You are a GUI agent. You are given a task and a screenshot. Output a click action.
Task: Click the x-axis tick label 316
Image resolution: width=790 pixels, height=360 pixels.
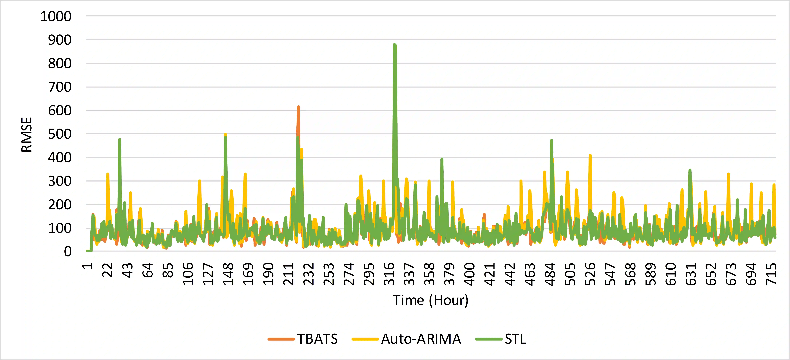click(389, 274)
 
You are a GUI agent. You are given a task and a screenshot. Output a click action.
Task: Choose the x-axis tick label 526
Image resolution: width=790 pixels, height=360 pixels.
click(590, 274)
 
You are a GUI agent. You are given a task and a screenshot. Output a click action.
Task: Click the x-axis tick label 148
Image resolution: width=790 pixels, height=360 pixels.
click(228, 274)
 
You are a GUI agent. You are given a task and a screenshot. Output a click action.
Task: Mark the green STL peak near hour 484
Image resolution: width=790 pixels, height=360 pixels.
click(551, 140)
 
